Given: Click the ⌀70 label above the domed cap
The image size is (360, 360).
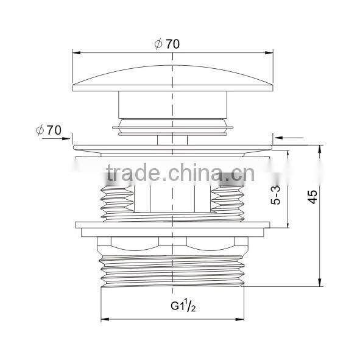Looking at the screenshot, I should pyautogui.click(x=167, y=44).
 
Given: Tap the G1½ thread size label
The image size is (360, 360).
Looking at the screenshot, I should pyautogui.click(x=181, y=305).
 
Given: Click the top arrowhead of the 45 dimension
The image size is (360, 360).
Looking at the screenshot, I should pyautogui.click(x=319, y=148).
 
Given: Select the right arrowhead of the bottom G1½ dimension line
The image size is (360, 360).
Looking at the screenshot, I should pyautogui.click(x=247, y=319).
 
